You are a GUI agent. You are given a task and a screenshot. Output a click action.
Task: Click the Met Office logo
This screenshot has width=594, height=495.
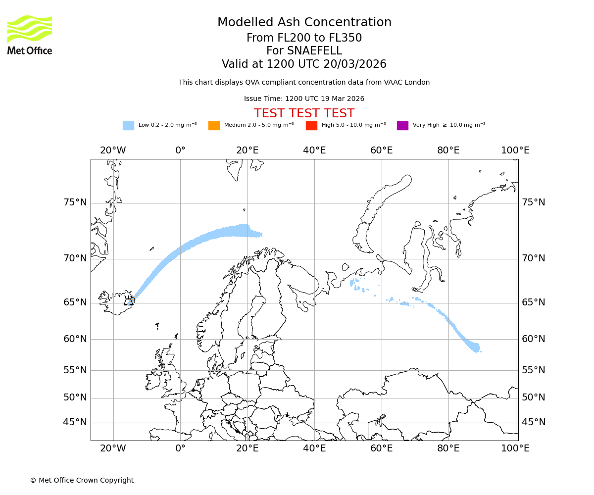[x=30, y=35]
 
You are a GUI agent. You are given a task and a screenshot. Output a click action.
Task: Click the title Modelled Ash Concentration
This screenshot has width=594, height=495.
[x=304, y=23]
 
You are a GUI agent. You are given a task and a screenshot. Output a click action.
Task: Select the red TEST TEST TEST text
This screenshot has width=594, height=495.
[x=304, y=114]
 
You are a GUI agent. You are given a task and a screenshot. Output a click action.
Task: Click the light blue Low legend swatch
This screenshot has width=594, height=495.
[x=128, y=126]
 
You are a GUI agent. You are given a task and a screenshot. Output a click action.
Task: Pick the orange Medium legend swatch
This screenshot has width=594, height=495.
[x=214, y=126]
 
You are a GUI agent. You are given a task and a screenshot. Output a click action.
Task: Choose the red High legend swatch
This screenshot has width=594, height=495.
[x=311, y=126]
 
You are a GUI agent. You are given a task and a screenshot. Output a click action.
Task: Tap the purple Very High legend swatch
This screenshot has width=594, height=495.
[x=402, y=126]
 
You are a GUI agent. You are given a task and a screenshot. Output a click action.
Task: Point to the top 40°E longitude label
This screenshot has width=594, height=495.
[x=314, y=150]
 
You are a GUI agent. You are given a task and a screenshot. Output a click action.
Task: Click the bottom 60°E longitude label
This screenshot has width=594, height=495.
[x=382, y=448]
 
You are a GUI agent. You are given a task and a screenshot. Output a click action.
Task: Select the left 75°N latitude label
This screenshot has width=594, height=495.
[x=75, y=202]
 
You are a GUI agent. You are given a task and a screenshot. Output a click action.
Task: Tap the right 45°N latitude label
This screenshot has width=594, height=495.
[x=534, y=422]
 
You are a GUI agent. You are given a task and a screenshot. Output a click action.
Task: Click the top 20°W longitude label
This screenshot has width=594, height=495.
[x=113, y=150]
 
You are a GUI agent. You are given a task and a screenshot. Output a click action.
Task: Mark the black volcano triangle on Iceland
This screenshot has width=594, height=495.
[x=129, y=301]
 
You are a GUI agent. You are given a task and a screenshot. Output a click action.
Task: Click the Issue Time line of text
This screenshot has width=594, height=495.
[x=304, y=99]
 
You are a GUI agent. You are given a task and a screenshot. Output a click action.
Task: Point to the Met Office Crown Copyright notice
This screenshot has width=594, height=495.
[x=82, y=480]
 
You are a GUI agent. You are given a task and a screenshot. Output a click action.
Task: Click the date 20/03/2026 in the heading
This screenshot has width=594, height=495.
[x=355, y=64]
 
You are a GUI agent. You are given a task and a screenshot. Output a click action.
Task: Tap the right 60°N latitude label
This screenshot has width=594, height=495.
[x=534, y=339]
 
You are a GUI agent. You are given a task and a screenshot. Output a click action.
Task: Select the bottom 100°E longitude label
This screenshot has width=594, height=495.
[x=515, y=448]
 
